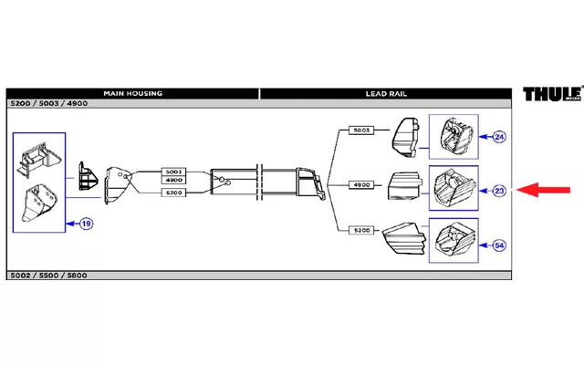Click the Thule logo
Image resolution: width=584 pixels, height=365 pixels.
[553, 93]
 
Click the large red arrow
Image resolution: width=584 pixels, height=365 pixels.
[544, 190]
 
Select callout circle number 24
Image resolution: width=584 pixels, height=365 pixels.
[499, 137]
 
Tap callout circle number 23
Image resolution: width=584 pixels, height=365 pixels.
[499, 191]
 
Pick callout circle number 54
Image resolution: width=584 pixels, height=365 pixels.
[499, 245]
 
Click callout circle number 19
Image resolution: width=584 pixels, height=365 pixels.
[86, 224]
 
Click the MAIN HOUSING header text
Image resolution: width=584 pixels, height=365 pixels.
[133, 93]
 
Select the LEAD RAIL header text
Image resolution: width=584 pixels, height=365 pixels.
[386, 94]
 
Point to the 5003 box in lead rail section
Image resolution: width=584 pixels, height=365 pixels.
[361, 130]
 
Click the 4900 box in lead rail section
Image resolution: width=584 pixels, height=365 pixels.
[361, 184]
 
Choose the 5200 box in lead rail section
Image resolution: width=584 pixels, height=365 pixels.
[361, 230]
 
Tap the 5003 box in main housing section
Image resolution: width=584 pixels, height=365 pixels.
[173, 172]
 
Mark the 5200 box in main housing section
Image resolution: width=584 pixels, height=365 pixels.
[173, 193]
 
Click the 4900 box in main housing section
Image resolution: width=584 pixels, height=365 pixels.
[173, 180]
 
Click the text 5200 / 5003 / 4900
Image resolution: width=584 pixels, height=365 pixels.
[49, 103]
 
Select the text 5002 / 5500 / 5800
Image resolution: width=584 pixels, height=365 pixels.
[48, 276]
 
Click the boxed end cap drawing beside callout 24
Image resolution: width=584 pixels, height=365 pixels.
[454, 137]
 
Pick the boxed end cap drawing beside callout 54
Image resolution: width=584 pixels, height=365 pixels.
[454, 241]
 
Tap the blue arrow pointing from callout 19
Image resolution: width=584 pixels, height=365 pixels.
[73, 224]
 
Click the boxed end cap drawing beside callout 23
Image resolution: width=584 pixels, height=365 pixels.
[454, 188]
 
